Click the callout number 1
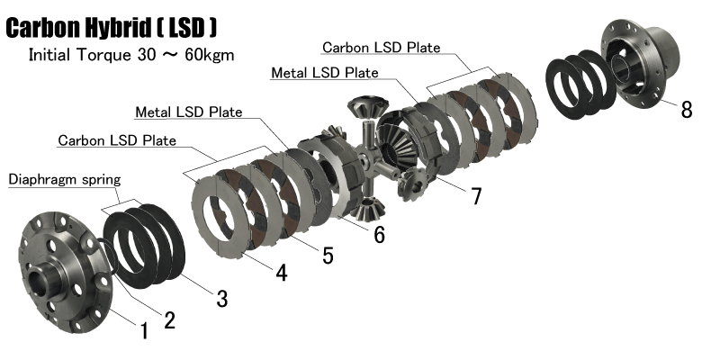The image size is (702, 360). pyautogui.click(x=144, y=331)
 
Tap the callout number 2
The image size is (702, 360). pyautogui.click(x=169, y=319)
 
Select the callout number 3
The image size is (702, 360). pyautogui.click(x=222, y=298)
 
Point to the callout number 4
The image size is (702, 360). pyautogui.click(x=281, y=272)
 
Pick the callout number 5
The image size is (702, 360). pyautogui.click(x=328, y=256)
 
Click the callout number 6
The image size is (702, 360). pyautogui.click(x=379, y=234)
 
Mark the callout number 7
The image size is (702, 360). pyautogui.click(x=476, y=195)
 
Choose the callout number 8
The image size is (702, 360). pyautogui.click(x=687, y=109)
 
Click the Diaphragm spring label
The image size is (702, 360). pyautogui.click(x=65, y=180)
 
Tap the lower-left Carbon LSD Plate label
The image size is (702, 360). pyautogui.click(x=117, y=140)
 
